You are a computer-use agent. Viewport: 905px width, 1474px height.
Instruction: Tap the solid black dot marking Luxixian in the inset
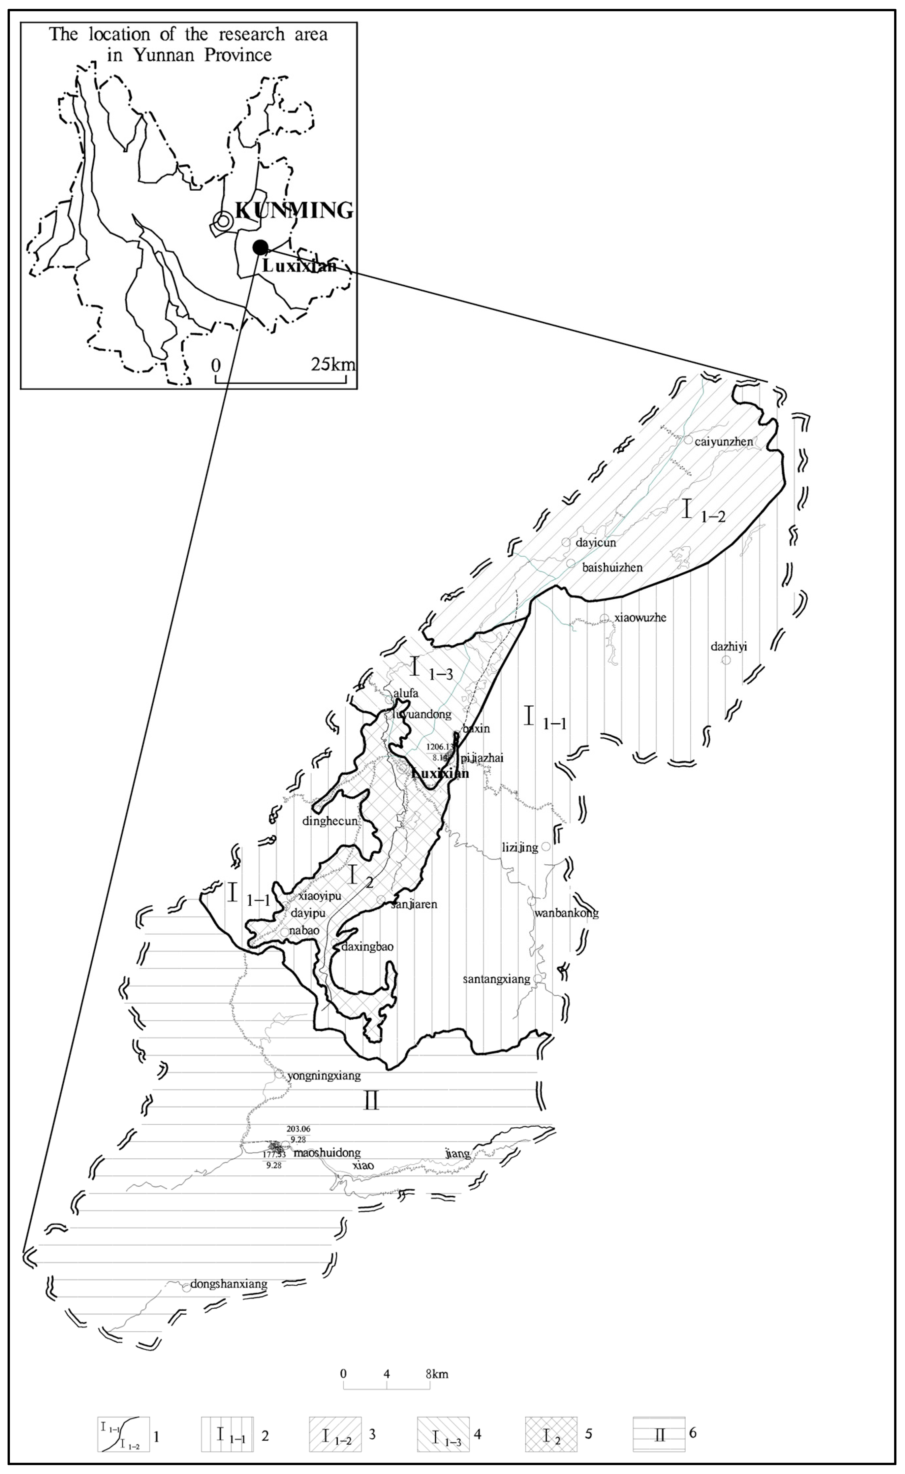[260, 247]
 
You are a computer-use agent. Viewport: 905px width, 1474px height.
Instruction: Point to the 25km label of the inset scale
[332, 364]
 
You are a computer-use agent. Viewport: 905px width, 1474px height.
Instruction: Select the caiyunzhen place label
[723, 442]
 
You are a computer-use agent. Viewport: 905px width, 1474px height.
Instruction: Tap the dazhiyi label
[729, 647]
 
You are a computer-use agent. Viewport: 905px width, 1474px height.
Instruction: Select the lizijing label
[519, 847]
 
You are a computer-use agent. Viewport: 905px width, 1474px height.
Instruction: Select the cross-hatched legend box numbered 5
[551, 1434]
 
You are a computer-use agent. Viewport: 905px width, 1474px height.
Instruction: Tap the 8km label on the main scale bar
[437, 1374]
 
